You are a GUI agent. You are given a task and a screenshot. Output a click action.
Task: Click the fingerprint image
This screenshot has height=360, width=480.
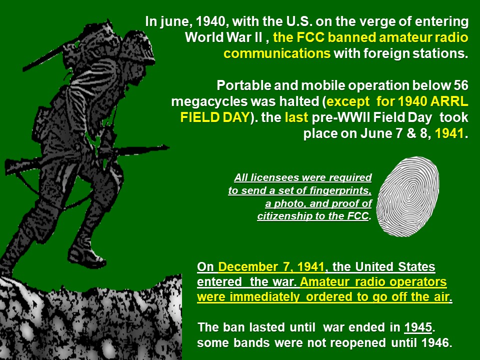(407, 196)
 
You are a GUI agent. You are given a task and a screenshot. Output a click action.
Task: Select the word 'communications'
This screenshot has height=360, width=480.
(277, 53)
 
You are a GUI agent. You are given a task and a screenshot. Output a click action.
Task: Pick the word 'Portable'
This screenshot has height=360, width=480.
(243, 85)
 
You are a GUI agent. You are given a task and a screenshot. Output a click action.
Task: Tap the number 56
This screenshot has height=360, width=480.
(460, 85)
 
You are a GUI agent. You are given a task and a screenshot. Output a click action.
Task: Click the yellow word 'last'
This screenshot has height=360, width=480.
(296, 117)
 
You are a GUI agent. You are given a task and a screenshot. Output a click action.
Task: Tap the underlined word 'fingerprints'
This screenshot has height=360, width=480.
(340, 190)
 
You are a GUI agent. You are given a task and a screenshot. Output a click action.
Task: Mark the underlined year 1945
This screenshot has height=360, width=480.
(418, 327)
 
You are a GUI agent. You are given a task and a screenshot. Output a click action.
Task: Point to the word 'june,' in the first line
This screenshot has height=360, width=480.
(176, 21)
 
